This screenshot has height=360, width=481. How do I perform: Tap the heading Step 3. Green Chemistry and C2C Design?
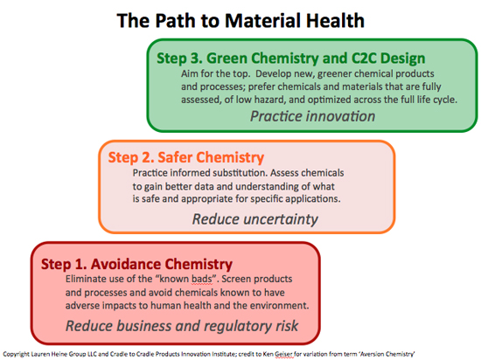click(x=291, y=59)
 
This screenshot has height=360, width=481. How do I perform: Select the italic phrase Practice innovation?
click(x=312, y=116)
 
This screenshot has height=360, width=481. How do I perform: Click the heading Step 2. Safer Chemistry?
click(x=186, y=157)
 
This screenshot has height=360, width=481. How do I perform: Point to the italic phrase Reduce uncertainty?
click(x=254, y=219)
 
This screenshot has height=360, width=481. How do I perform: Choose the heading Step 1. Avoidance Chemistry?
click(x=136, y=264)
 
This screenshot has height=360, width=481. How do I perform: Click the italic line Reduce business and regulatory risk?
click(x=182, y=326)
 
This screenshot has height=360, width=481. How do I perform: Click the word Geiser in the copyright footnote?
click(x=283, y=354)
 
